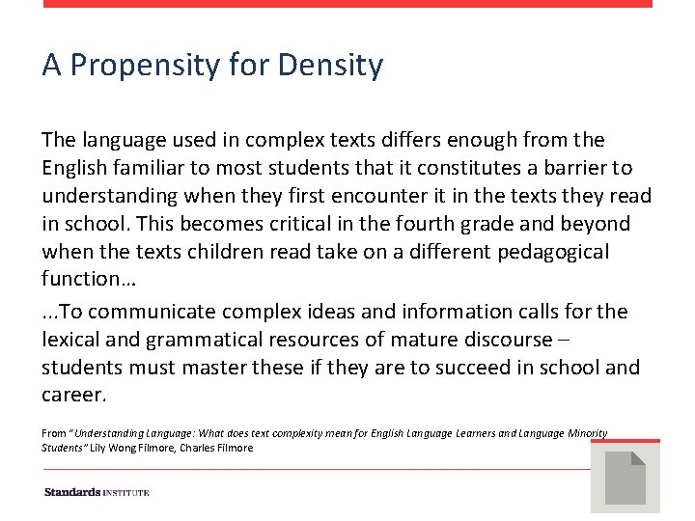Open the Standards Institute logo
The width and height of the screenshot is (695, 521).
[x=97, y=492]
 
